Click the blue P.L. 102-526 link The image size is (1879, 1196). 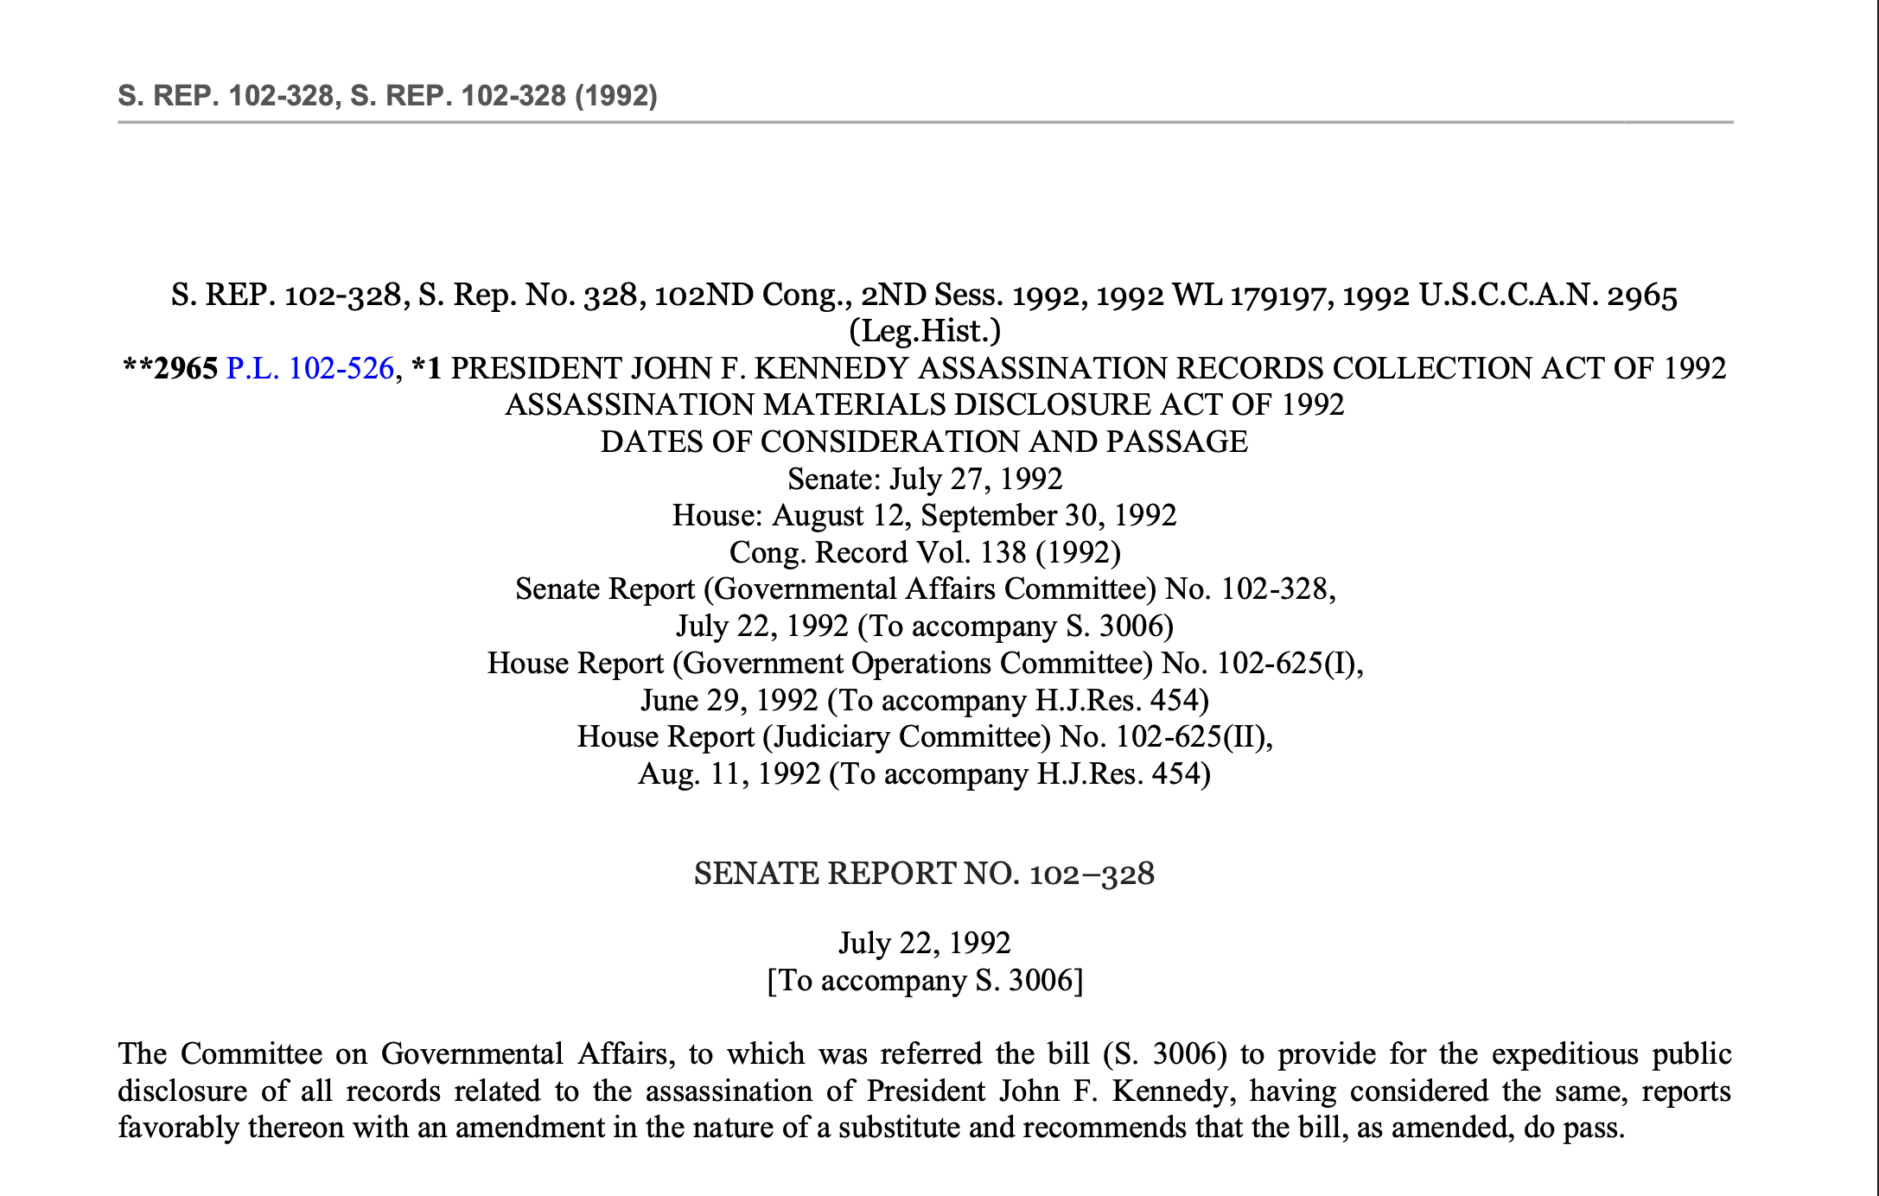tap(309, 369)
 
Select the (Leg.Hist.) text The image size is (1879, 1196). tap(924, 332)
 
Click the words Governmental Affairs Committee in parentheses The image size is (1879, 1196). tap(934, 589)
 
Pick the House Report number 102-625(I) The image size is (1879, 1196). tap(1287, 664)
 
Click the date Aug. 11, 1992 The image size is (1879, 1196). tap(729, 774)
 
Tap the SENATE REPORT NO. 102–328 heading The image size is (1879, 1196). tap(924, 875)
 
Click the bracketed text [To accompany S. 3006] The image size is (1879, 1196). tap(924, 982)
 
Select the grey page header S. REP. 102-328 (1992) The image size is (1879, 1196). tap(387, 95)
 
